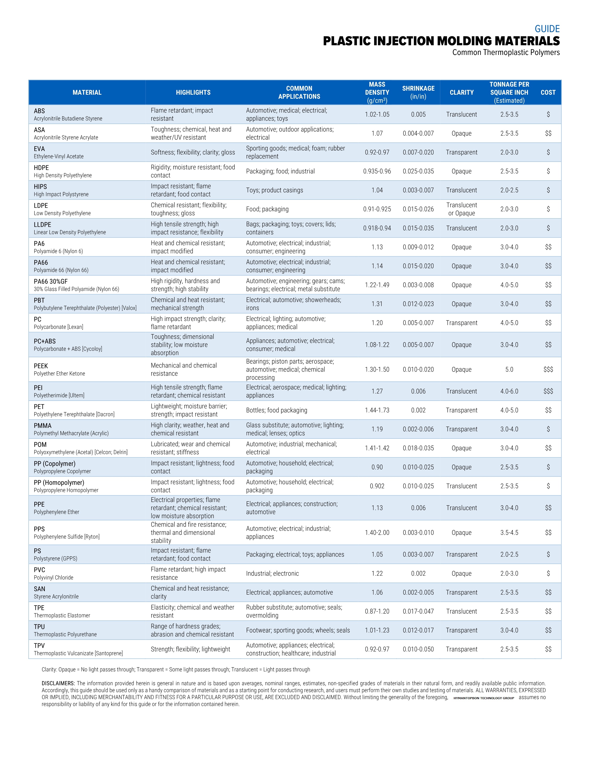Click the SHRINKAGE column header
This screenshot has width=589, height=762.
(418, 92)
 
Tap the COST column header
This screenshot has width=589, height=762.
(548, 92)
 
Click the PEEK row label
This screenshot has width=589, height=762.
(41, 366)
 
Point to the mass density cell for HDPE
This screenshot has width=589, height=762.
(377, 171)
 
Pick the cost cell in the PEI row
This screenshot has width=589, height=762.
(548, 391)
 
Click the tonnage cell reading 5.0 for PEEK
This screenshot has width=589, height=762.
(509, 369)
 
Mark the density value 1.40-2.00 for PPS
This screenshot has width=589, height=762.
(377, 532)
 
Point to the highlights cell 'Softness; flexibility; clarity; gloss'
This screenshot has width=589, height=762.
(193, 152)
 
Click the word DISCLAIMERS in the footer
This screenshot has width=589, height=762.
(58, 683)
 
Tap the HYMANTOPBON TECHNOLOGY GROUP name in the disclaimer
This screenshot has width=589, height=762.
(484, 698)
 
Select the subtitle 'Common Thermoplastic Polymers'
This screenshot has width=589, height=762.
(506, 53)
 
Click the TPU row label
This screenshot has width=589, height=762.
(39, 627)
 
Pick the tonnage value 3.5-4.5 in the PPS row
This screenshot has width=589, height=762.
(509, 532)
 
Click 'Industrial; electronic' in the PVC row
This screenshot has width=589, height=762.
(272, 573)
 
